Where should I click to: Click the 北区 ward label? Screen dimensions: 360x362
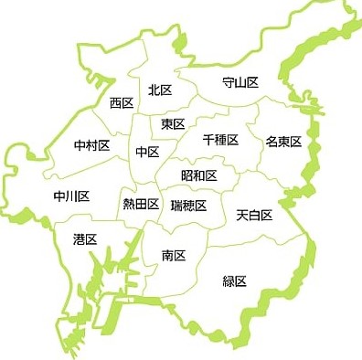tap(160, 90)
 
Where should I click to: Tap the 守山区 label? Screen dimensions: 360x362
tap(240, 82)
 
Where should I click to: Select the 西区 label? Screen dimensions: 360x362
tap(122, 103)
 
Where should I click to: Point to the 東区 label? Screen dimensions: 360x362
tap(173, 123)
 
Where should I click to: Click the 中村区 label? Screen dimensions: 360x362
tap(92, 145)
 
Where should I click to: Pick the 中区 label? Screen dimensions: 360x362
tap(147, 151)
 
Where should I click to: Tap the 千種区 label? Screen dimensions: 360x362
tap(220, 140)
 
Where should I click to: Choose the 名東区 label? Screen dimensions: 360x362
tap(283, 142)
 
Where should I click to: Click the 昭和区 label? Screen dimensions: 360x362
tap(198, 175)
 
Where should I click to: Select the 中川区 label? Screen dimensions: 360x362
tap(71, 196)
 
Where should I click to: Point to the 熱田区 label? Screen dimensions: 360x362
tap(141, 204)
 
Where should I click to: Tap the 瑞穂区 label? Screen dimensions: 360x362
tap(188, 205)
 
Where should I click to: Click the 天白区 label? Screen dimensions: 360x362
tap(254, 215)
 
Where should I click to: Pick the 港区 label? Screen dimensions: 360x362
tap(85, 238)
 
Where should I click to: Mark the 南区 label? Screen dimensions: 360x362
tap(173, 256)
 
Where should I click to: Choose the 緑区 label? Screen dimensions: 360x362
tap(235, 281)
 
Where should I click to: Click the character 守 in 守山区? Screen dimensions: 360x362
tap(229, 82)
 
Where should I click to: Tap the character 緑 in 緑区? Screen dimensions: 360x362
tap(229, 281)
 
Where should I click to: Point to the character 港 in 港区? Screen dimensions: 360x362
tap(79, 238)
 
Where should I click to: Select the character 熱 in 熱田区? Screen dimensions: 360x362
tap(129, 204)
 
